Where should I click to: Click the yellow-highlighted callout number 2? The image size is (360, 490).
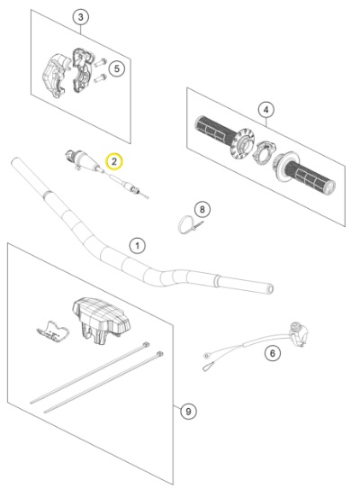(114, 161)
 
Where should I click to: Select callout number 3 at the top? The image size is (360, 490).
(81, 17)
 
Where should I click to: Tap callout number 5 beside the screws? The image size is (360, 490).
(116, 68)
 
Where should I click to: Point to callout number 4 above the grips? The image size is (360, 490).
(266, 110)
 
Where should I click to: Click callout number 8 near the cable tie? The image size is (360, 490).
(202, 209)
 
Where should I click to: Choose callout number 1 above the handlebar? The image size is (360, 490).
(138, 246)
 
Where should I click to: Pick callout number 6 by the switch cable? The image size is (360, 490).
(273, 353)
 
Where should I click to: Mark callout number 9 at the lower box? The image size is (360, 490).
(188, 412)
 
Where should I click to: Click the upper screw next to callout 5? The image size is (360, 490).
(100, 62)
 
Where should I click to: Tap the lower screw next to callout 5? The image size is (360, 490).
(100, 77)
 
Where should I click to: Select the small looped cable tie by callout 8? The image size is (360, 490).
(190, 224)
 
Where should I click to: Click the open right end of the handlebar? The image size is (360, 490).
(270, 289)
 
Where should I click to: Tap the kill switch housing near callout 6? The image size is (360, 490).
(298, 333)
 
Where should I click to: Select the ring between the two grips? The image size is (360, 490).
(263, 150)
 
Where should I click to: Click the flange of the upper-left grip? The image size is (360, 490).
(242, 142)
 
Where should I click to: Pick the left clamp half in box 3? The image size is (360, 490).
(55, 76)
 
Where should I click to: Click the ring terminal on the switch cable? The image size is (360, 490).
(206, 356)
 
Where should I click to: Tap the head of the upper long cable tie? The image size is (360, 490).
(145, 344)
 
